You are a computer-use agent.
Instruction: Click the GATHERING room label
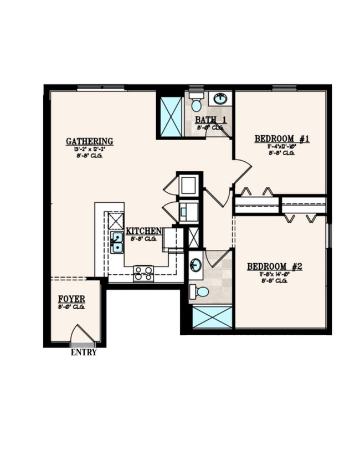click(x=89, y=141)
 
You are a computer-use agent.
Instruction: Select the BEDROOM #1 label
click(x=282, y=139)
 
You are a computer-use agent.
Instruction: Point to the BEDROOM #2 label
click(x=274, y=267)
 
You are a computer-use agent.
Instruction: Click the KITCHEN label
click(x=143, y=231)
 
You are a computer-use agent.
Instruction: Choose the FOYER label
click(x=71, y=299)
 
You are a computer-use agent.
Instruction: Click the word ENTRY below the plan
click(x=84, y=352)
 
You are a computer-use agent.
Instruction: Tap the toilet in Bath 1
click(x=196, y=104)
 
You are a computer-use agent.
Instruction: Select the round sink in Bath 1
click(x=220, y=99)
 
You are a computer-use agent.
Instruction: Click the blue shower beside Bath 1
click(x=171, y=116)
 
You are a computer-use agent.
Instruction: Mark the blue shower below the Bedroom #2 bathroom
click(x=212, y=317)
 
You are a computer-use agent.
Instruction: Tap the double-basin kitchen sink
click(x=117, y=242)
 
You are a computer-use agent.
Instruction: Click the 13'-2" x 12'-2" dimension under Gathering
click(x=89, y=149)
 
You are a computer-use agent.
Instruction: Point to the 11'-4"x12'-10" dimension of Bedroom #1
click(x=282, y=146)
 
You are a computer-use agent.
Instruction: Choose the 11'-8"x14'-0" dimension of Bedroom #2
click(x=274, y=274)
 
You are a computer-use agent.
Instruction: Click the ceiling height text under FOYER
click(x=71, y=306)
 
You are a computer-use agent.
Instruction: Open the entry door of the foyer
click(x=82, y=335)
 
